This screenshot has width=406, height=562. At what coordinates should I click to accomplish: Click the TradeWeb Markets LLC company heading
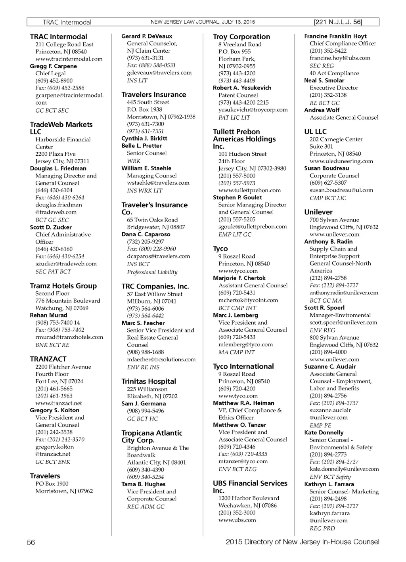pyautogui.click(x=61, y=128)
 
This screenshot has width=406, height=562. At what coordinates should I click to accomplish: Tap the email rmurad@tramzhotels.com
pyautogui.click(x=69, y=337)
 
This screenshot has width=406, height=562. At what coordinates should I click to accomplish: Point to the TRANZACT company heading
pyautogui.click(x=48, y=359)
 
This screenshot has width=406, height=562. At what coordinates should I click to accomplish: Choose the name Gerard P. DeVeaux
pyautogui.click(x=147, y=36)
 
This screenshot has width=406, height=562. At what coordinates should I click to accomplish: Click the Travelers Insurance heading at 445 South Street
pyautogui.click(x=153, y=95)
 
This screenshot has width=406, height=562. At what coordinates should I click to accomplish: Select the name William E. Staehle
pyautogui.click(x=146, y=168)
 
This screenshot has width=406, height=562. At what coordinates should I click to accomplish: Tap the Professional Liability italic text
pyautogui.click(x=152, y=272)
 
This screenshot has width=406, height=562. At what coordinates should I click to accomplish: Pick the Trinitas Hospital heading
pyautogui.click(x=149, y=382)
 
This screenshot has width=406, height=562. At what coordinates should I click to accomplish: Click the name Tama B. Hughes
pyautogui.click(x=143, y=484)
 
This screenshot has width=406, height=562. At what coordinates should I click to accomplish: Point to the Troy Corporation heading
pyautogui.click(x=241, y=37)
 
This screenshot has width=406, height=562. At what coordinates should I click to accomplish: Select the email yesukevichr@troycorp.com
pyautogui.click(x=253, y=110)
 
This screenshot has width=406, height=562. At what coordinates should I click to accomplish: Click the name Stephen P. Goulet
pyautogui.click(x=237, y=197)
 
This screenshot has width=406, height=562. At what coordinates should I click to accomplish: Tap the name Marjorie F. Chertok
pyautogui.click(x=239, y=278)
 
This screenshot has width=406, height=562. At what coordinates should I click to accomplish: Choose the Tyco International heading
pyautogui.click(x=243, y=367)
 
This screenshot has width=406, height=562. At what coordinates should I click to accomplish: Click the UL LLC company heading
pyautogui.click(x=315, y=132)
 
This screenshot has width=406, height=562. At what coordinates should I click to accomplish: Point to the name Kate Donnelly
pyautogui.click(x=324, y=433)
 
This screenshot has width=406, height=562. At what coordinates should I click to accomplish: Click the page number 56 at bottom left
pyautogui.click(x=31, y=543)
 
